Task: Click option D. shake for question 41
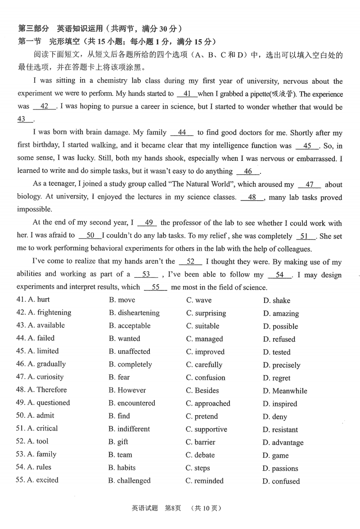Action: tap(276, 301)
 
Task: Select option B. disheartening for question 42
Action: tap(134, 313)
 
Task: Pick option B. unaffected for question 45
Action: tap(130, 352)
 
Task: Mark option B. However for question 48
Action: tap(127, 390)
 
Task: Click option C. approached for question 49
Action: tap(208, 403)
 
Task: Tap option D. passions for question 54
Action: tap(280, 469)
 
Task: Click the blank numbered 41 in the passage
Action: tap(187, 95)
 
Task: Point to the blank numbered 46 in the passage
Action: tap(247, 172)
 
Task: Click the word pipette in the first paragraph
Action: tap(257, 94)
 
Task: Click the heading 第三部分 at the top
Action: tap(33, 28)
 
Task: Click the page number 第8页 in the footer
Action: tap(173, 508)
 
